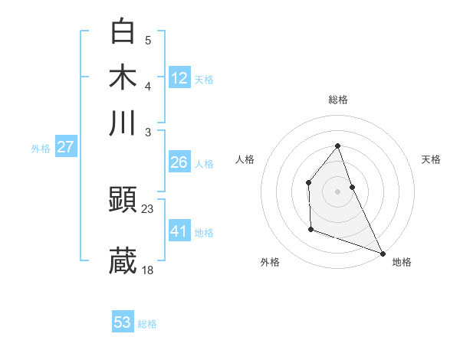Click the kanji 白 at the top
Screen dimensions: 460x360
(123, 33)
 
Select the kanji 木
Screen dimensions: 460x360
(123, 77)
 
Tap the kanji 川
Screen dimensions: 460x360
(123, 123)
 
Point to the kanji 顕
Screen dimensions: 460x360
(123, 201)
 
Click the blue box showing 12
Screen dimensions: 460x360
(179, 78)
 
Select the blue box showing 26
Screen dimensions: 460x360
(179, 162)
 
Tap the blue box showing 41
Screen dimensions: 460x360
(179, 231)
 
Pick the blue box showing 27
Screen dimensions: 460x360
(65, 147)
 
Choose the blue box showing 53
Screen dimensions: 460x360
(123, 322)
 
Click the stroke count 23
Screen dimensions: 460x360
(148, 208)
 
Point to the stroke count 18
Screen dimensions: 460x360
(148, 270)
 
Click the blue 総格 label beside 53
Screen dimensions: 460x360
(147, 324)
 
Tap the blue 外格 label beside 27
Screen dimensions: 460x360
(41, 149)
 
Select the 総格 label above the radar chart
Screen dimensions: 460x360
(337, 100)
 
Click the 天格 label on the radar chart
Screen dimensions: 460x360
(431, 159)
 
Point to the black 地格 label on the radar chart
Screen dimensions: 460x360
(402, 263)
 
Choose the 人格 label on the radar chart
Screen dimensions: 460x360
(245, 159)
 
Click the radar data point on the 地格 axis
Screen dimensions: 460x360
(382, 253)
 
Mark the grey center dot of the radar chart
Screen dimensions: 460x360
(337, 191)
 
